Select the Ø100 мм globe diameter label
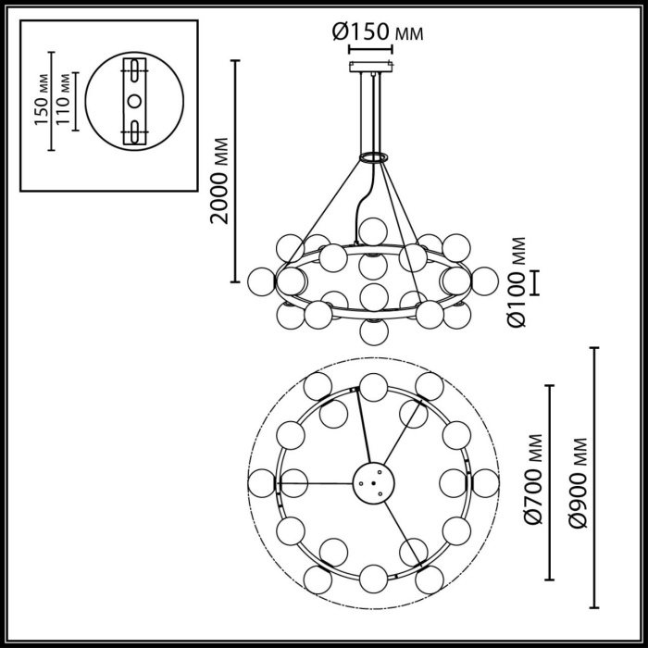tap(517, 282)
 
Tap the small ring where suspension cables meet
tap(372, 157)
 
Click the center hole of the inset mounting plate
tap(135, 100)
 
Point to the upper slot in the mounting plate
tap(135, 71)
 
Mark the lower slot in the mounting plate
tap(135, 130)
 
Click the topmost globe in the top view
tap(373, 387)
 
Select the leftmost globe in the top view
tap(262, 482)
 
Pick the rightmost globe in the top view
tap(484, 482)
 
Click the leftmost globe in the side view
tap(262, 279)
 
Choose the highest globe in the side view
tap(373, 230)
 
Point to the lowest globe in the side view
tap(373, 330)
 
